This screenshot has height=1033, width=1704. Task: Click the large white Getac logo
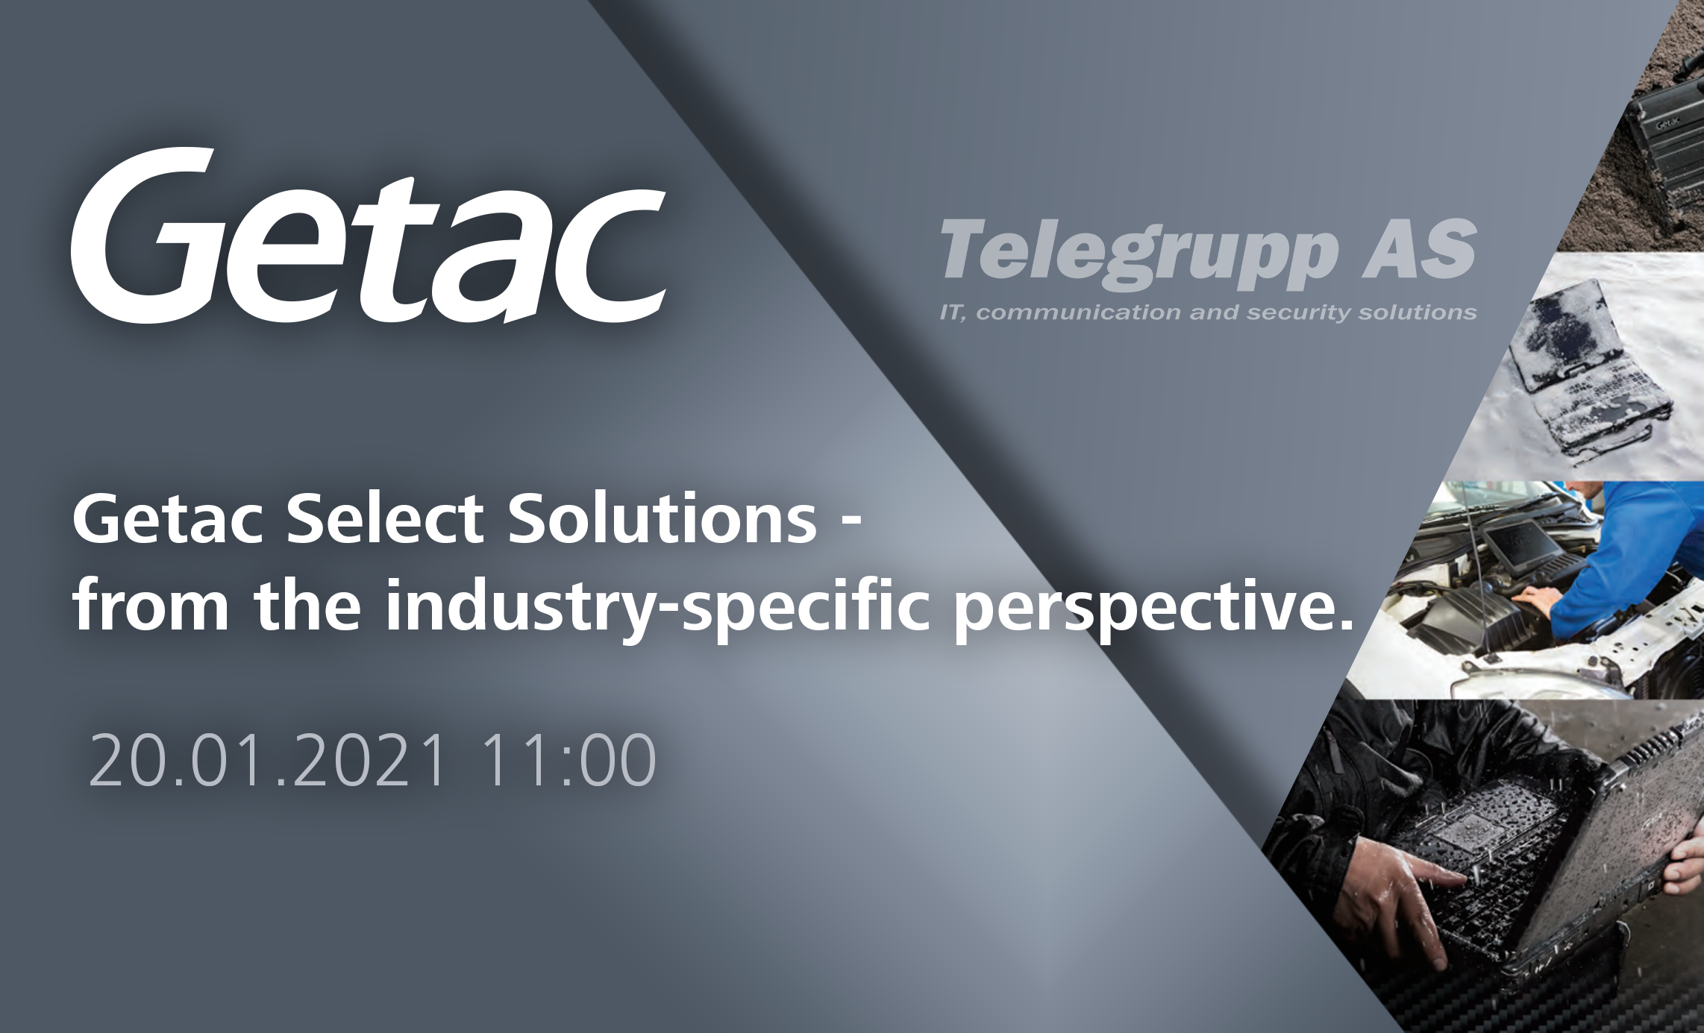tap(369, 236)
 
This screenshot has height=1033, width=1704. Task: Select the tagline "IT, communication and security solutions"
tap(1209, 313)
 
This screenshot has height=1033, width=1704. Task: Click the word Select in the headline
tap(385, 518)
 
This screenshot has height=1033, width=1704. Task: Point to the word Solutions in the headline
tap(663, 518)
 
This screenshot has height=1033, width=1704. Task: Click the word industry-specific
tap(657, 609)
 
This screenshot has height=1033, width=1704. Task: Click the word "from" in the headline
tap(150, 605)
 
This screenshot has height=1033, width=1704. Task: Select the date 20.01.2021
tap(268, 760)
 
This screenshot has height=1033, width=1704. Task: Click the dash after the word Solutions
tap(851, 523)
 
